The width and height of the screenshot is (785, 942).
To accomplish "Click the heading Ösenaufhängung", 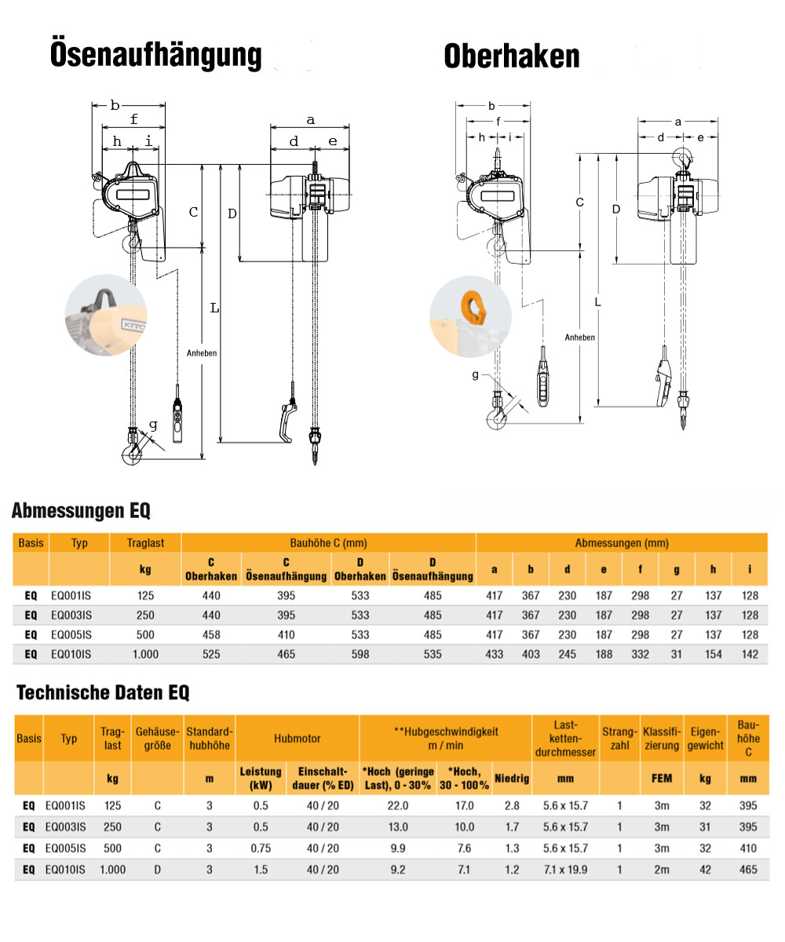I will point(155,55).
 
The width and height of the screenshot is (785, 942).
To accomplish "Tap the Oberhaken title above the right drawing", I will point(511,57).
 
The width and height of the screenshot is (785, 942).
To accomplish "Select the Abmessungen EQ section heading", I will point(81,512).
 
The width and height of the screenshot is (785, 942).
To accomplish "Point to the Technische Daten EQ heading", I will point(102,692).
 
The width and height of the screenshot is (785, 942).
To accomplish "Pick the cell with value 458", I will point(211,634).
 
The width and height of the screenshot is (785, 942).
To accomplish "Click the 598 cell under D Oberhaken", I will point(360,654).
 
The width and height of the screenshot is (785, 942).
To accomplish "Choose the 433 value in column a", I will point(495,654).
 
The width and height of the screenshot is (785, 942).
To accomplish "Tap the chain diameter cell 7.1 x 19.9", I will point(564,869).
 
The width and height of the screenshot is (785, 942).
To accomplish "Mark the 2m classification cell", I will point(662,869).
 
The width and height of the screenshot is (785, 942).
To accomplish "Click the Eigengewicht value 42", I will point(705,869).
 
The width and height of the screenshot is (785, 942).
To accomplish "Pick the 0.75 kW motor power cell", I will point(261,848).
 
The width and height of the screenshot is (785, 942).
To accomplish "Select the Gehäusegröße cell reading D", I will point(158,869).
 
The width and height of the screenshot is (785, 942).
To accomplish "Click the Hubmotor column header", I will point(297,738).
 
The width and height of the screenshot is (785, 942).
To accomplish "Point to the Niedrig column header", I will point(512,779).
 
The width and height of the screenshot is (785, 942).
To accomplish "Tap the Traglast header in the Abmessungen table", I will point(147,542).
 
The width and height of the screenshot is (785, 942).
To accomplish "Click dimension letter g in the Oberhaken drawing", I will point(475,375).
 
